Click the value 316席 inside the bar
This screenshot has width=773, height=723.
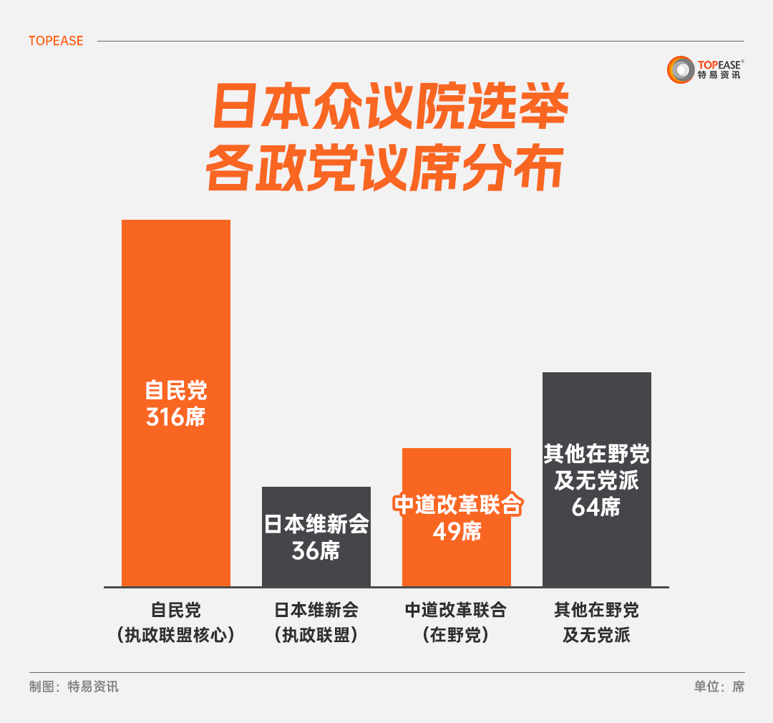point(175,417)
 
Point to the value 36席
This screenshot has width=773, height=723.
point(316,550)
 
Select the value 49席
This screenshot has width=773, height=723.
point(457,531)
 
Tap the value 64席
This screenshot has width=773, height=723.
point(596,507)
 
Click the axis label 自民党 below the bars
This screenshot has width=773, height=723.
point(175,610)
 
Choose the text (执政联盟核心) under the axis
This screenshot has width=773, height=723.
point(175,635)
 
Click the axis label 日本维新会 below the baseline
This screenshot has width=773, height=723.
point(316,610)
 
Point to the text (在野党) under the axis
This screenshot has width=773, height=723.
point(456,635)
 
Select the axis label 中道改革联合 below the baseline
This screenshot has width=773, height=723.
point(456,610)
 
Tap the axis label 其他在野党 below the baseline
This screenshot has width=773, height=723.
point(596,610)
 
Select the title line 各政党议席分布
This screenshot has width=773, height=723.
point(384,170)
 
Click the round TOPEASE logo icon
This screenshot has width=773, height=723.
point(681,69)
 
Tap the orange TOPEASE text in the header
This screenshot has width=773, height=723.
point(56,41)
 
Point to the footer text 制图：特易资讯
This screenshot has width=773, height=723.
point(74,686)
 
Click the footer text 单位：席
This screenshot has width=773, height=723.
point(719,686)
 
